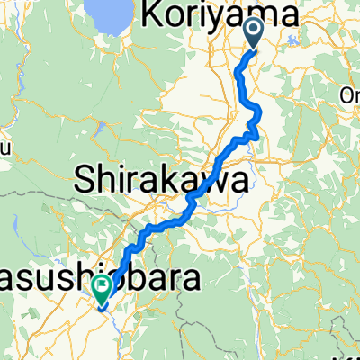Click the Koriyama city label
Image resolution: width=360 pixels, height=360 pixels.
(x=221, y=15)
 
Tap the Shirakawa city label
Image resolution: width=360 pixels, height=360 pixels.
(x=161, y=180)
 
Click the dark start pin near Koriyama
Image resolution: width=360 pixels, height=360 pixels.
(x=254, y=34)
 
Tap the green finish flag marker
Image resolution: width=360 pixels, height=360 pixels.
(x=101, y=289)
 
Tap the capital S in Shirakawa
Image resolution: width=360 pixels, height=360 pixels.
(x=92, y=180)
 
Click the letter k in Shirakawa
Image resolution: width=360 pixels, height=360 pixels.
(x=171, y=180)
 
